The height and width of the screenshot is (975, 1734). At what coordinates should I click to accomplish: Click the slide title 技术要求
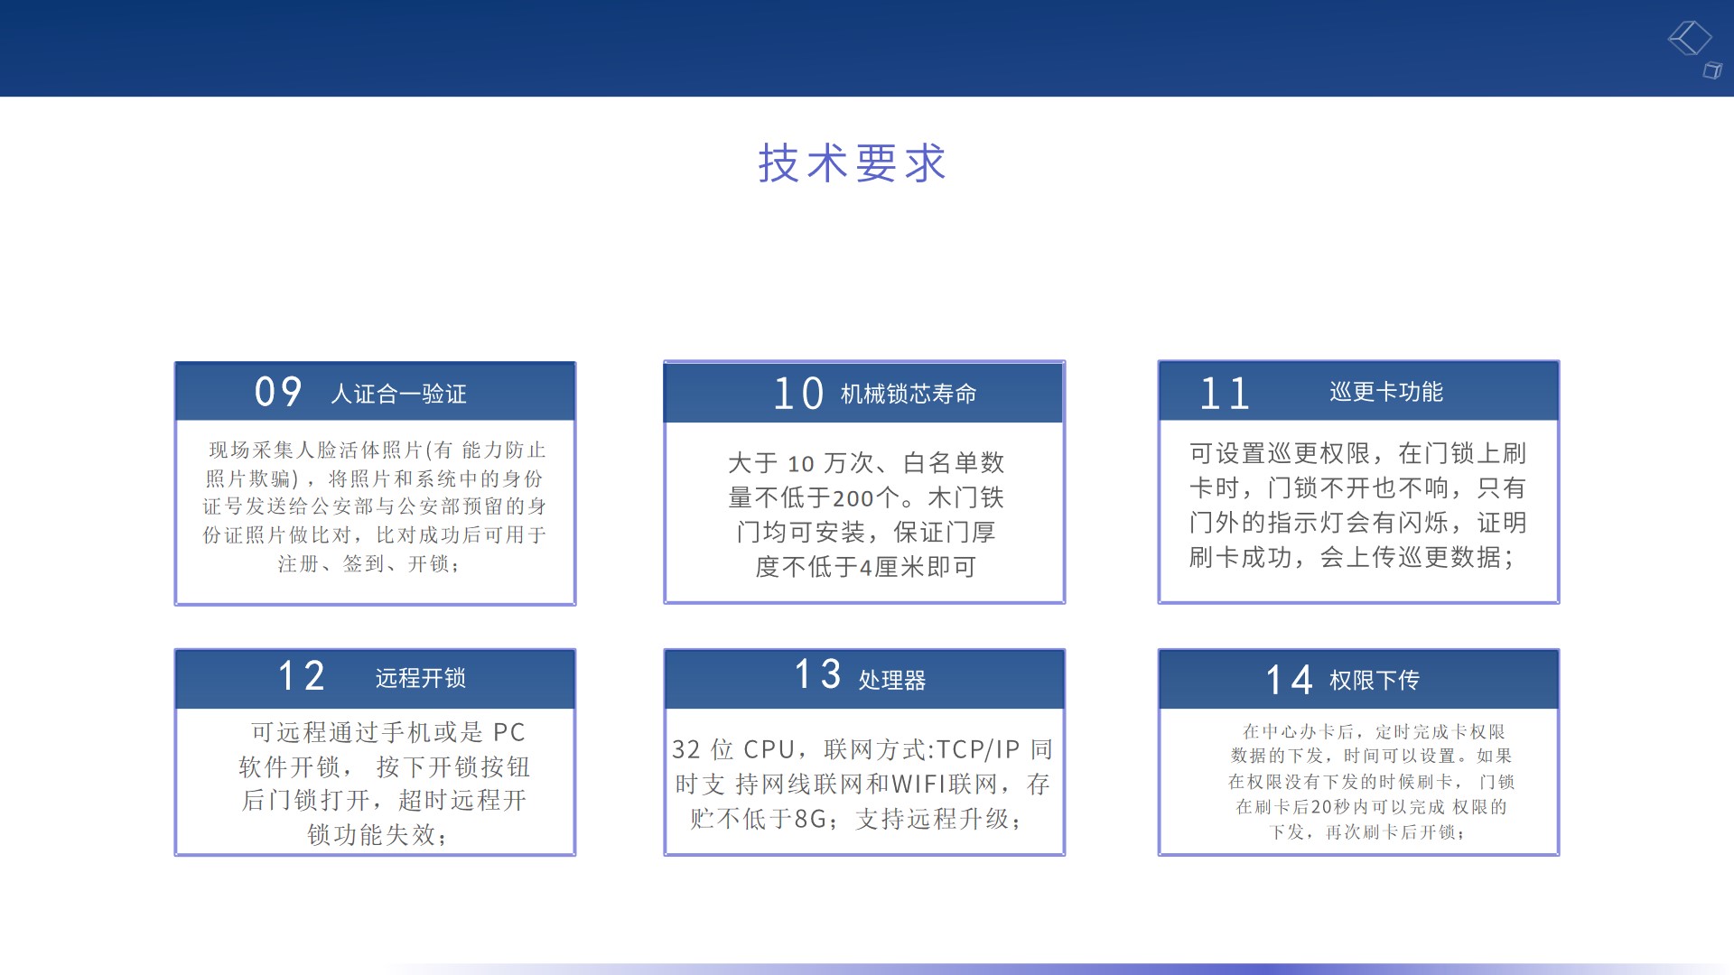[x=852, y=163]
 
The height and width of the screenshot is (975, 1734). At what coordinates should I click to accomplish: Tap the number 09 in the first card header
[x=278, y=392]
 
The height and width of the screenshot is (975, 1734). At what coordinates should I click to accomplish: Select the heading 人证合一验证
[x=398, y=394]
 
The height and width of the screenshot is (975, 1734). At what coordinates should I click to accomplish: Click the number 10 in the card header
[x=798, y=394]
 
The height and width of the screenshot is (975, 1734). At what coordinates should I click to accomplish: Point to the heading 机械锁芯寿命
[x=909, y=394]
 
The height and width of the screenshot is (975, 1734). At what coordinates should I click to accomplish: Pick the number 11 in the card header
[x=1225, y=394]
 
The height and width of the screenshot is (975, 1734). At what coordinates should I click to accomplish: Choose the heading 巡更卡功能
[x=1386, y=392]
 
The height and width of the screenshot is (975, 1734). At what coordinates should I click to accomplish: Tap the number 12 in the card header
[x=301, y=676]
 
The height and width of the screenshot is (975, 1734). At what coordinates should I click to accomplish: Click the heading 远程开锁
[x=421, y=678]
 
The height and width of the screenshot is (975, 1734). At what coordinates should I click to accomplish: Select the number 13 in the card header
[x=817, y=674]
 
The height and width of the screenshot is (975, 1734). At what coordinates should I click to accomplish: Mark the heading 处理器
[x=892, y=680]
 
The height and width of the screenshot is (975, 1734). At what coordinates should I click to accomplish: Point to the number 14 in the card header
[x=1289, y=680]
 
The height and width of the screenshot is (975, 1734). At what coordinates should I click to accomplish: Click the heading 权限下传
[x=1375, y=680]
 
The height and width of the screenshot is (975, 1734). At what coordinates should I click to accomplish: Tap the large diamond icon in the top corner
[x=1690, y=38]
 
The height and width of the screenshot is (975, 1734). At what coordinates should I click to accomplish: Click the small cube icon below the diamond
[x=1712, y=70]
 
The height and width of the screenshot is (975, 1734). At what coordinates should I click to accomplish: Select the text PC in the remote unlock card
[x=509, y=732]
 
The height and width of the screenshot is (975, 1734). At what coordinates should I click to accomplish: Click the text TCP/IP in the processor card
[x=978, y=749]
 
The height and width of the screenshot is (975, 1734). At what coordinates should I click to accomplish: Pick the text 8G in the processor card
[x=810, y=819]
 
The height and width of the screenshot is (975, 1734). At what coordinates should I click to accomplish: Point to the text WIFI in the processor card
[x=919, y=785]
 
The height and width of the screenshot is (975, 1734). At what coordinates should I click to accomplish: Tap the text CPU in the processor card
[x=769, y=749]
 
